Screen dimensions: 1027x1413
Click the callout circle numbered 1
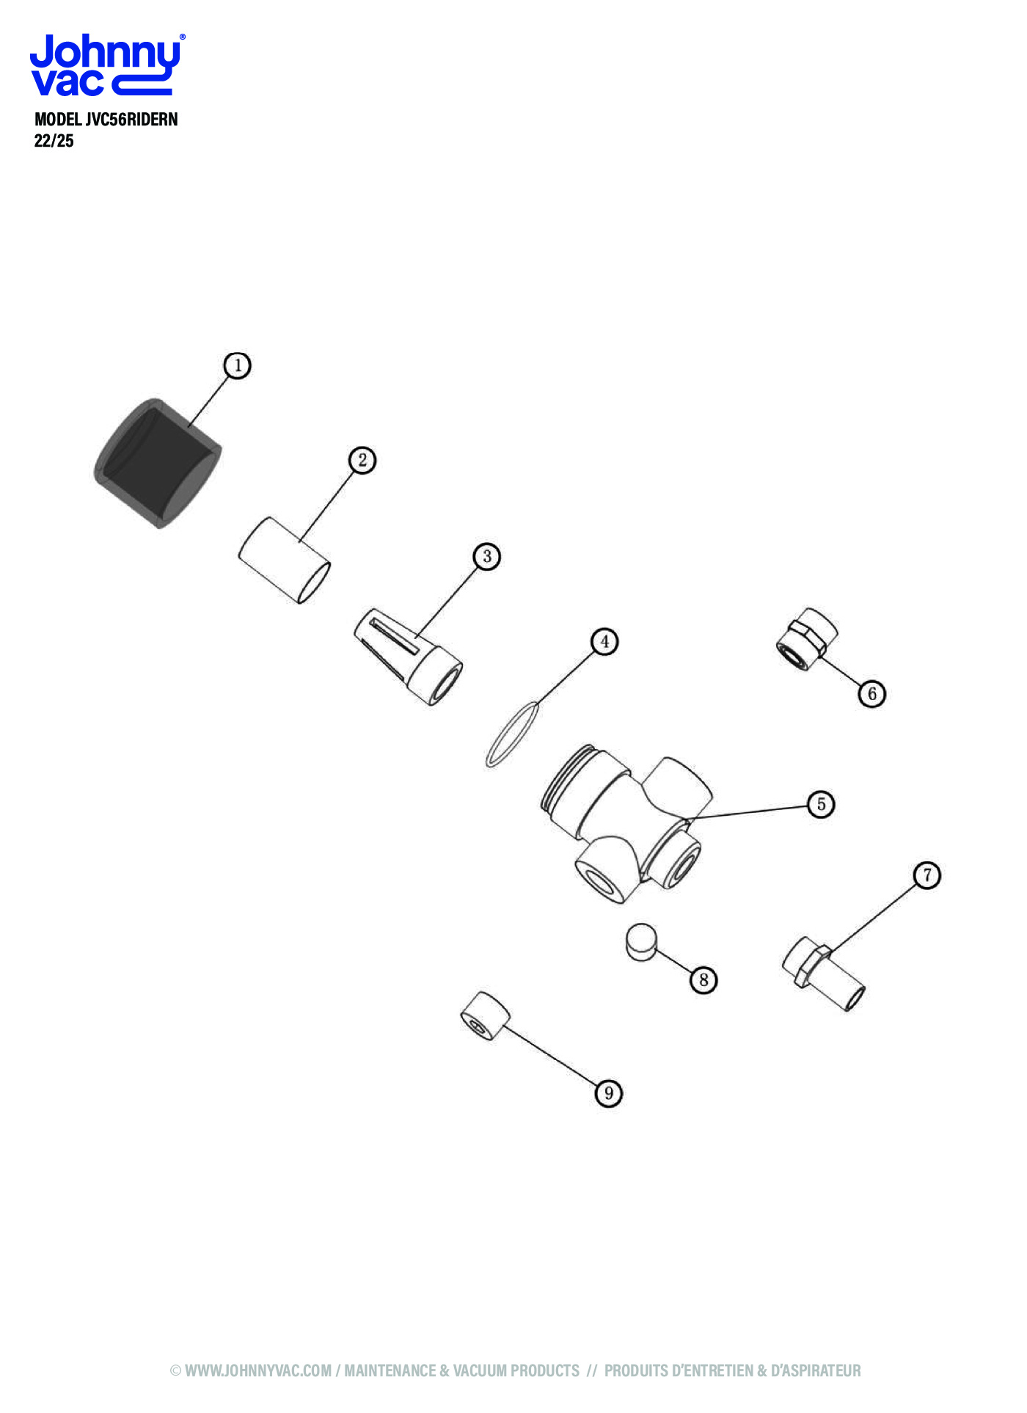coord(237,365)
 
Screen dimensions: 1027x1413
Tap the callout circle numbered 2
coord(362,461)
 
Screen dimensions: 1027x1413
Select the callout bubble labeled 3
coord(487,556)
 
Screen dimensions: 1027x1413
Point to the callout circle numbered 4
coord(604,642)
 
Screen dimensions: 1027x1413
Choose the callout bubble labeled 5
coord(821,804)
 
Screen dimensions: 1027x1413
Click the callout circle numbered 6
coord(871,693)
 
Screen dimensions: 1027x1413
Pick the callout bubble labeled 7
coord(927,875)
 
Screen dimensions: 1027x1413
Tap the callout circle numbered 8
coord(703,979)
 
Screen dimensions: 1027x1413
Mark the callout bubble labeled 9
coord(608,1093)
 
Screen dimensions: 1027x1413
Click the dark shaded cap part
coord(158,463)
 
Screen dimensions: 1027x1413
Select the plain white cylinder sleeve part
coord(284,560)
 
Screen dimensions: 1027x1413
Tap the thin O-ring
coord(512,734)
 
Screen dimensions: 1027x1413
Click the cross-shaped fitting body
coord(627,822)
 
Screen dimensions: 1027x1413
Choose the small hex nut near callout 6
coord(807,639)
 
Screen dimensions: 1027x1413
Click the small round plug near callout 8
coord(641,941)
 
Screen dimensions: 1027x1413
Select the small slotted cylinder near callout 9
coord(485,1015)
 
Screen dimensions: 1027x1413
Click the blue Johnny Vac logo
coord(107,65)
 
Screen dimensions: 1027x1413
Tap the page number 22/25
coord(54,141)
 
